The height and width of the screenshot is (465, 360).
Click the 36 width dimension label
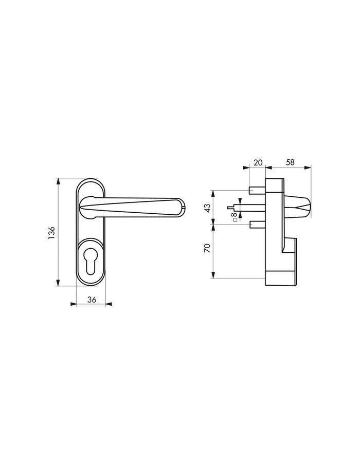click(x=92, y=300)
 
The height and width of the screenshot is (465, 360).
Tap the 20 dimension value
click(x=258, y=162)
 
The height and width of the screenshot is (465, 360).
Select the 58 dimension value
click(x=290, y=162)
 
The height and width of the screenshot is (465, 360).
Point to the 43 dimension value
click(x=208, y=208)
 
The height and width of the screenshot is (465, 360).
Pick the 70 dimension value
click(x=208, y=248)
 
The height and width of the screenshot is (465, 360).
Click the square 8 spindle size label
click(x=235, y=216)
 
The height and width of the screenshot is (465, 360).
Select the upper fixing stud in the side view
click(x=257, y=190)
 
